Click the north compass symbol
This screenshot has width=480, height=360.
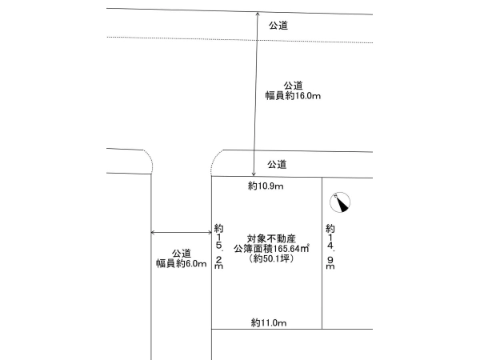(x=340, y=202)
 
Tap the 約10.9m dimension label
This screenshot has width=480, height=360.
(x=266, y=186)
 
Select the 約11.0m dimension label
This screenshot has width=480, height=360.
(x=269, y=322)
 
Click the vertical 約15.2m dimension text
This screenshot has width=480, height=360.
(x=219, y=246)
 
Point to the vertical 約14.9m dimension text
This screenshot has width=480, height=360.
(x=330, y=246)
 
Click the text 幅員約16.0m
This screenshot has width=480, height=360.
(x=293, y=96)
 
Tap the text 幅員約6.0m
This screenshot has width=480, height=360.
(x=182, y=263)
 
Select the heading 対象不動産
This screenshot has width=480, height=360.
(x=271, y=238)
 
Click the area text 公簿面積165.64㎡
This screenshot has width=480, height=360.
(x=271, y=249)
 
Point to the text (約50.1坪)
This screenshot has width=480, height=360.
(x=271, y=258)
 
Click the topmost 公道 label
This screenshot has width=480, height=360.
(x=278, y=26)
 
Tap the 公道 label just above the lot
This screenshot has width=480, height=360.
(x=277, y=164)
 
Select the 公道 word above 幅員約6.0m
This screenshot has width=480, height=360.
(x=182, y=254)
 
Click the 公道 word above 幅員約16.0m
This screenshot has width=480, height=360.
(x=293, y=86)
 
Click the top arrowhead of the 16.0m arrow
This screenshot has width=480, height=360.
(x=258, y=13)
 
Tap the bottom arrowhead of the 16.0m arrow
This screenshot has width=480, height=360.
(x=254, y=174)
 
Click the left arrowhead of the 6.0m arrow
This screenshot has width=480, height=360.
(x=153, y=233)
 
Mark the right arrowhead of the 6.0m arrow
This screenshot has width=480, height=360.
(x=210, y=233)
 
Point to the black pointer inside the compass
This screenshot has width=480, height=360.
(x=342, y=205)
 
